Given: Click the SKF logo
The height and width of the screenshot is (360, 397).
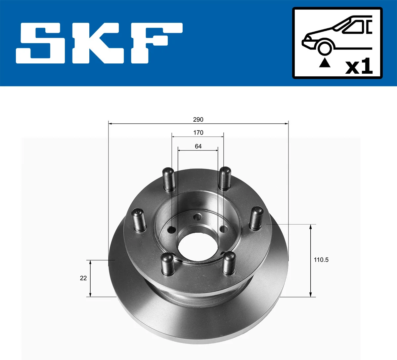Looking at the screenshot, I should (x=99, y=43).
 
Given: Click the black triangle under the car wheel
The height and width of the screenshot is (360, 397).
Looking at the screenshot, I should (x=325, y=62).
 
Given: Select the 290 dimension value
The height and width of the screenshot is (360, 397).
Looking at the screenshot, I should (x=198, y=119).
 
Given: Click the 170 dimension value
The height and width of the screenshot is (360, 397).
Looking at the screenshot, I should (x=198, y=133).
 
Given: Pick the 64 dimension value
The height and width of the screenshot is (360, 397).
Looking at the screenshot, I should (x=198, y=146).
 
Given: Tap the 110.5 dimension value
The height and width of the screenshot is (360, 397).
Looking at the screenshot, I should (x=321, y=260).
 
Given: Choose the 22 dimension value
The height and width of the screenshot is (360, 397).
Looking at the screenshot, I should (x=83, y=278).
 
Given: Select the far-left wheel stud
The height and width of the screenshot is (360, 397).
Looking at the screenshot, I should (x=139, y=219).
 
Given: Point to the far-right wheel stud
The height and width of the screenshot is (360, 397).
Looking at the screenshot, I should (x=256, y=218).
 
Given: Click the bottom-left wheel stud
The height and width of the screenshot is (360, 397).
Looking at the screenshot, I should (x=167, y=263).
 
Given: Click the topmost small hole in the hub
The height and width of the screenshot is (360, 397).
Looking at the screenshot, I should (x=198, y=217).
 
